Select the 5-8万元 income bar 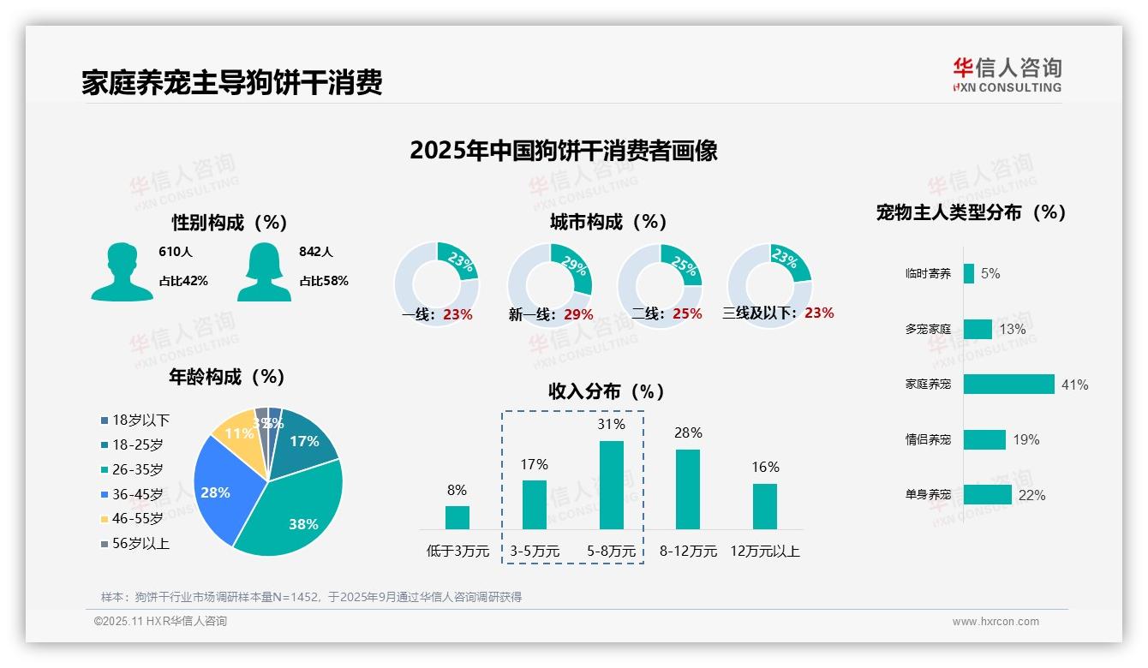(611, 485)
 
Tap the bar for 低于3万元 (457, 517)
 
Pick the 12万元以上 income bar (764, 506)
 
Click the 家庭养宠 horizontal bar (1008, 385)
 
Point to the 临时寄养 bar (969, 274)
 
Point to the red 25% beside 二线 (687, 314)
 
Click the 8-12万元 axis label (688, 552)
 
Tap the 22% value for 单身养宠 (1031, 495)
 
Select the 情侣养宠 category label (928, 440)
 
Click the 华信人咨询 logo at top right (1007, 75)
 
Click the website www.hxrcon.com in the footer (996, 622)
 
